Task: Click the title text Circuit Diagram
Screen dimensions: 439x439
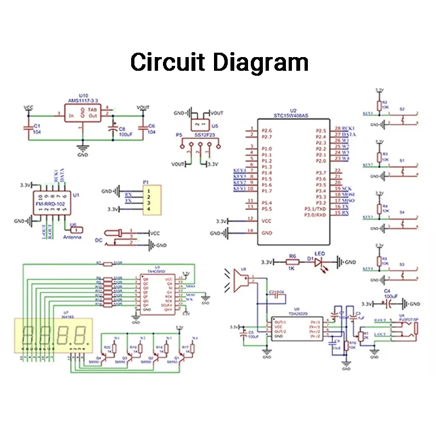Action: (219, 61)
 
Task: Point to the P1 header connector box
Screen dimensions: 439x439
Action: (152, 200)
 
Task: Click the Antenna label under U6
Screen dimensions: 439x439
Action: (73, 237)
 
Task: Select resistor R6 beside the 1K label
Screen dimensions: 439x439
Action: (292, 262)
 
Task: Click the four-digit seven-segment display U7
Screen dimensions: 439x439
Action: (54, 333)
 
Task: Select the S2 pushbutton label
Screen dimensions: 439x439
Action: (402, 109)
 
